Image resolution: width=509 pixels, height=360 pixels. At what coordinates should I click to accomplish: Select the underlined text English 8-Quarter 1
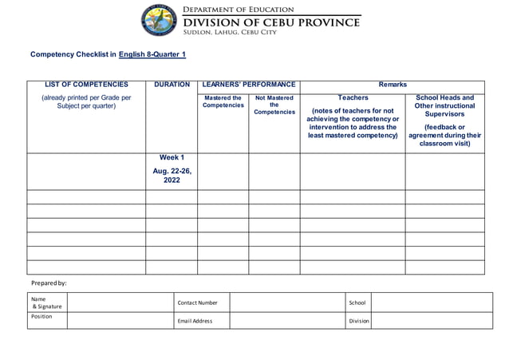click(x=152, y=54)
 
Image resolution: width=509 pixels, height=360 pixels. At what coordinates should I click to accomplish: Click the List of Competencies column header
click(x=86, y=85)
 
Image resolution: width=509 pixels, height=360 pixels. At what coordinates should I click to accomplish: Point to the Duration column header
click(x=172, y=85)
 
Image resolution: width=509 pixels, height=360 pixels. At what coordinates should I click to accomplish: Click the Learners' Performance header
click(x=249, y=85)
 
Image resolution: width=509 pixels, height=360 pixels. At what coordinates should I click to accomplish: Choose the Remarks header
click(x=393, y=85)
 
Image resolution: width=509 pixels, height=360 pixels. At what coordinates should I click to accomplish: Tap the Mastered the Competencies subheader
click(x=223, y=102)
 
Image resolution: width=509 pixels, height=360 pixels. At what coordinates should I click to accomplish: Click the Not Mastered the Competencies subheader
click(x=274, y=105)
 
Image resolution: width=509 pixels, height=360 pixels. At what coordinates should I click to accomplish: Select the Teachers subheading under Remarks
click(x=353, y=98)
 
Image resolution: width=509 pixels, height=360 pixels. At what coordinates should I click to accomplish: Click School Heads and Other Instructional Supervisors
click(x=444, y=105)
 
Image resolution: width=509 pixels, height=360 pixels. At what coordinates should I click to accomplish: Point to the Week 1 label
click(x=172, y=157)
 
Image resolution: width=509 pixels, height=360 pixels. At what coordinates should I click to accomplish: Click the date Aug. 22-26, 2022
click(x=172, y=176)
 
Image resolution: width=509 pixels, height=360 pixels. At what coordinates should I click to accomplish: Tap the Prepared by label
click(x=49, y=283)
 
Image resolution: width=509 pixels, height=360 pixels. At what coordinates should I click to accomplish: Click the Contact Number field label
click(x=197, y=303)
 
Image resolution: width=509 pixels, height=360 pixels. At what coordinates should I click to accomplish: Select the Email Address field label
click(x=195, y=321)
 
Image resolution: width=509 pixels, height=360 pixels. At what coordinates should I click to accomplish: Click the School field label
click(x=357, y=303)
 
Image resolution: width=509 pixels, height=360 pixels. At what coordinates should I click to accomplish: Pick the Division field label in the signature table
click(x=359, y=321)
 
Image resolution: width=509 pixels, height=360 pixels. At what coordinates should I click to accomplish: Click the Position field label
click(x=41, y=317)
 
